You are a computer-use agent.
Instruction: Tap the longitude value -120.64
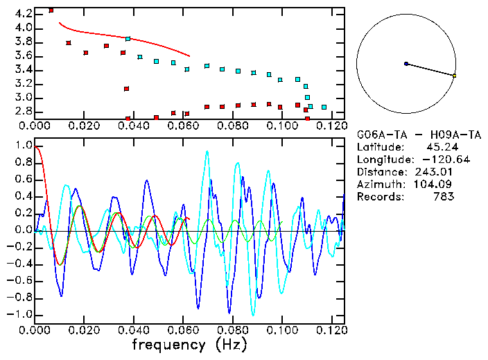(434, 159)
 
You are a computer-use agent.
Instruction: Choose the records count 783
(443, 196)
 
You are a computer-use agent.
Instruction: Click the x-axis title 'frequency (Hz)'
(189, 345)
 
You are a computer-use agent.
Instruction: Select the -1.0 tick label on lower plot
(19, 315)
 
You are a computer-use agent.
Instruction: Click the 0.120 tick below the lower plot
(331, 329)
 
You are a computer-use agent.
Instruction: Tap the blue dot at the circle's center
(406, 64)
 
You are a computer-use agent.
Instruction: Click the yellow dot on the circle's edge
(454, 75)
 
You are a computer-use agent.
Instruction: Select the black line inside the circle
(430, 69)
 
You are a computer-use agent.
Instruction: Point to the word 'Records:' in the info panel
(378, 196)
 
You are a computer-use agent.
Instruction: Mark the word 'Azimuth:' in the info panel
(378, 184)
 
